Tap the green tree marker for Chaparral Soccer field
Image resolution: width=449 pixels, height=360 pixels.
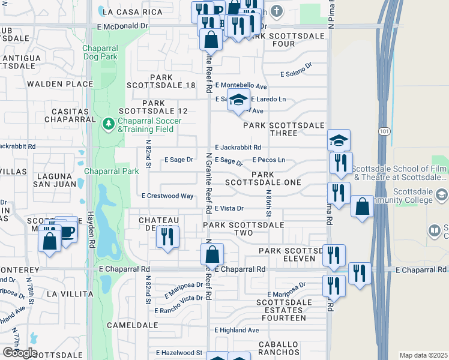pos(109,124)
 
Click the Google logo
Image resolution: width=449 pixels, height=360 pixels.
pos(20,353)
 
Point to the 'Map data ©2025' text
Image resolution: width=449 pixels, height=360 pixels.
pos(424,355)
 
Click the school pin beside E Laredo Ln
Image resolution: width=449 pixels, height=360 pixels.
pos(238,100)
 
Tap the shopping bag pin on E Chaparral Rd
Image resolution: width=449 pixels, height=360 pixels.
pos(212,254)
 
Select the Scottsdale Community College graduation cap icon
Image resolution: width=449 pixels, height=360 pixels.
pos(442,194)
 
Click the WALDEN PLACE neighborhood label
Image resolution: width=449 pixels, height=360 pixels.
pos(59,84)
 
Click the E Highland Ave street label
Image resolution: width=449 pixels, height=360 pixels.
pos(237,330)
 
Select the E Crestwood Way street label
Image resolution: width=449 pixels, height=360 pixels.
pos(167,196)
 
